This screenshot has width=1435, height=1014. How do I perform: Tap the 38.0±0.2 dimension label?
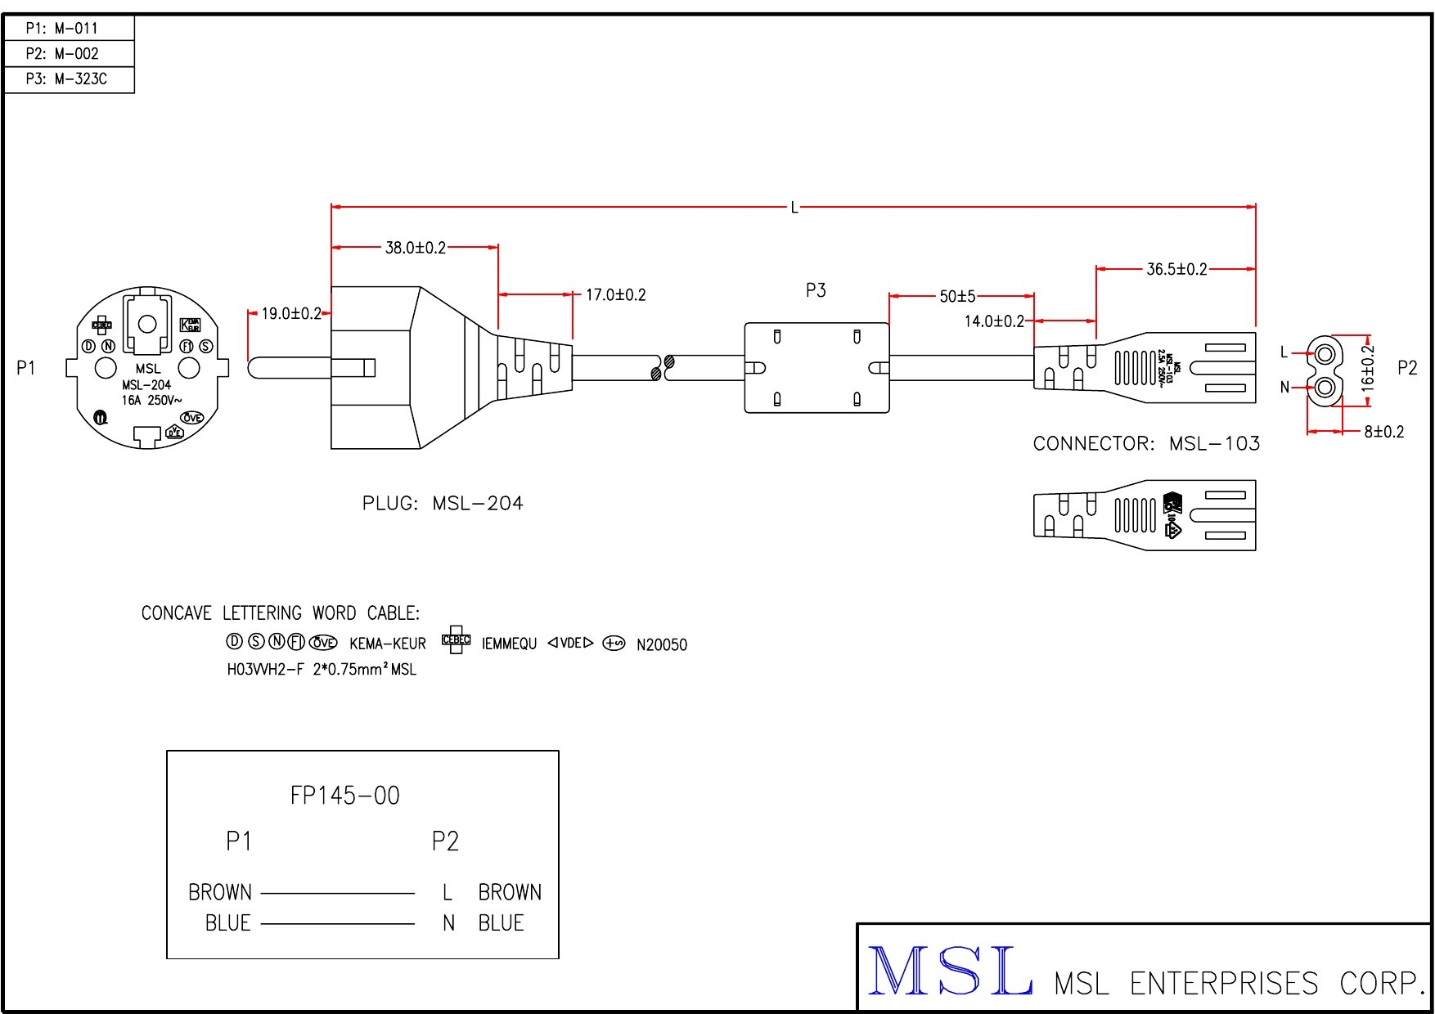[x=416, y=248]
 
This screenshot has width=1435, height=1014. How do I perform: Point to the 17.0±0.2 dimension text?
[x=615, y=295]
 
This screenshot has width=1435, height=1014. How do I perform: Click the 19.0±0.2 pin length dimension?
[x=291, y=314]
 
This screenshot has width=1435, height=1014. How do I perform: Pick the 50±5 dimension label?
[x=957, y=297]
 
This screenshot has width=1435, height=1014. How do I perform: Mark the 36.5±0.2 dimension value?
[x=1176, y=269]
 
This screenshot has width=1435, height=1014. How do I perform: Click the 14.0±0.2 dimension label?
[x=994, y=321]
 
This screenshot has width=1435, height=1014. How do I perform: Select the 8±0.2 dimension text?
[x=1383, y=432]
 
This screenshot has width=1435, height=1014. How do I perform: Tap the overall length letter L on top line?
[x=794, y=208]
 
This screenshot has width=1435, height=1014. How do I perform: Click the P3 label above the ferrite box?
[x=816, y=290]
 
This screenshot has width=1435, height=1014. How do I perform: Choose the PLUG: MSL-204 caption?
[x=443, y=504]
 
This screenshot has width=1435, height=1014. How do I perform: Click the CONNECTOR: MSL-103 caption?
[x=1146, y=444]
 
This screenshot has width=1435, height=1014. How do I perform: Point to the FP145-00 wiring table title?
[x=345, y=796]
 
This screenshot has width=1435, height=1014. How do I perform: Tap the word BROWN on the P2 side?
[x=510, y=892]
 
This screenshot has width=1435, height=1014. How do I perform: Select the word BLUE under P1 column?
[x=227, y=923]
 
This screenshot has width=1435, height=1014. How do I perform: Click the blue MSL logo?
[x=949, y=971]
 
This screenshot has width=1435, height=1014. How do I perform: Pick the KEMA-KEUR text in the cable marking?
[x=388, y=644]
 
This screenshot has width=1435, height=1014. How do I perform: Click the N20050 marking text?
[x=662, y=645]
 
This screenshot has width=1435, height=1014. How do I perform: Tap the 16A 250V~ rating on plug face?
[x=152, y=401]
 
